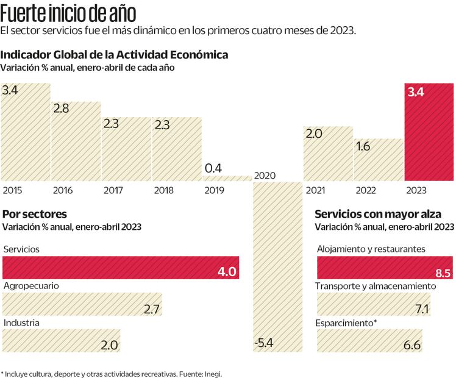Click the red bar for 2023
pos(429,132)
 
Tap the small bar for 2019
pos(227,178)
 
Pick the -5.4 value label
pos(263,343)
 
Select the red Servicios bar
pos(121,268)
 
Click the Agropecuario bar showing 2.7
pos(83,304)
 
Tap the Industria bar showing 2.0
pos(62,341)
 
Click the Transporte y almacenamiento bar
pos(373,304)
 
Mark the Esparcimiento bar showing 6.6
pos(369,341)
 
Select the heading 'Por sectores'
pos(35,214)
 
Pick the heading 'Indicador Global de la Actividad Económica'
pos(115,54)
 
